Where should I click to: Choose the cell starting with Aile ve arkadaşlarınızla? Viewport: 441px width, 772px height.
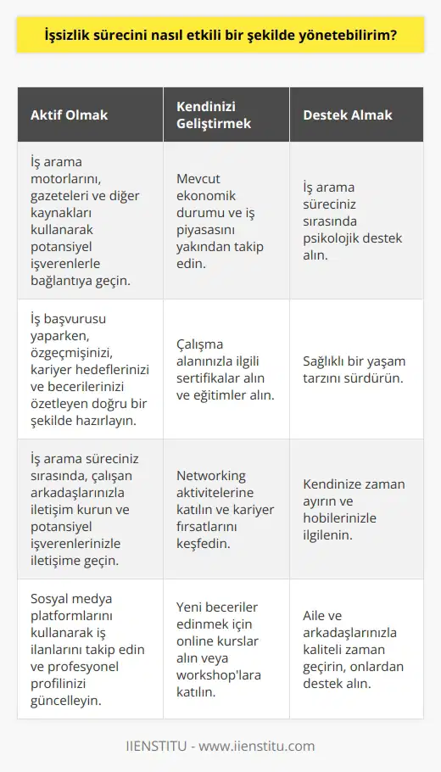click(x=351, y=649)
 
